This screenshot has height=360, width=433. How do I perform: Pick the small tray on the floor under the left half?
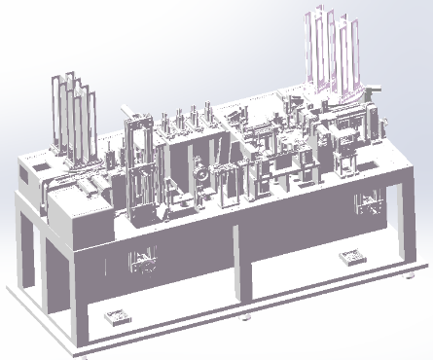click(117, 317)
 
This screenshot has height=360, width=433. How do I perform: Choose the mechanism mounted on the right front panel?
click(369, 205)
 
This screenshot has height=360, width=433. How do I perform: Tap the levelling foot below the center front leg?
click(245, 317)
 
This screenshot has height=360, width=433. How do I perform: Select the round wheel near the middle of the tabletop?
click(201, 176)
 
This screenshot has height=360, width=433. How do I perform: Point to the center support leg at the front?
click(241, 272)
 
